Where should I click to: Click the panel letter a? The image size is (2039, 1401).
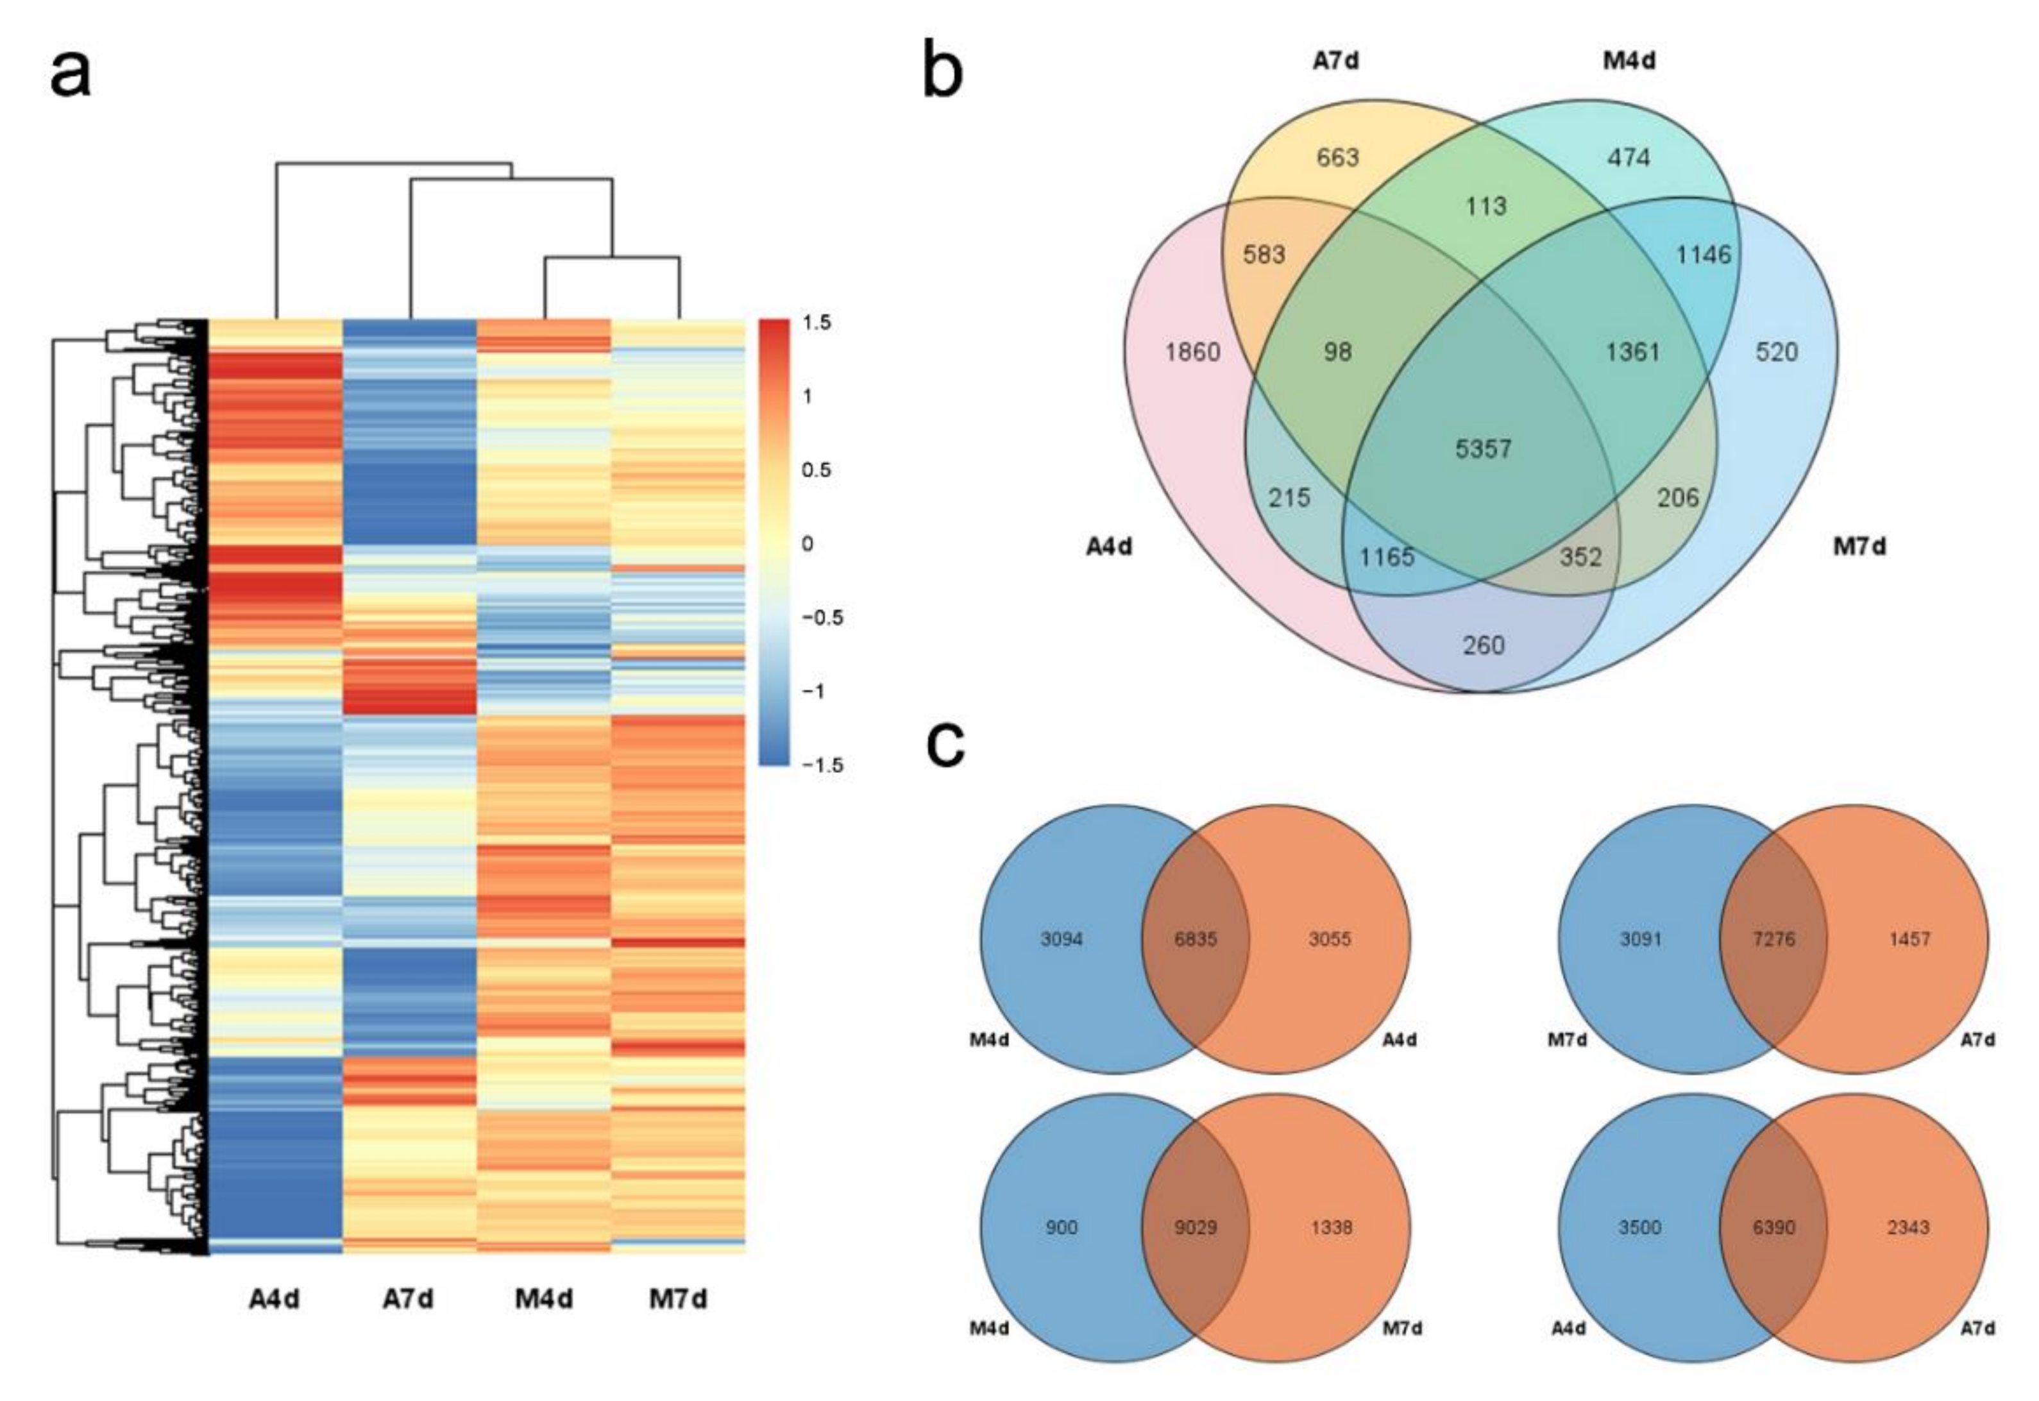70,74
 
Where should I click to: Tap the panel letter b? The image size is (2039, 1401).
943,70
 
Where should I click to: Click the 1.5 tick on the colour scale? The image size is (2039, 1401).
816,322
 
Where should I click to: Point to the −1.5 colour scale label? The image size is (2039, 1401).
822,765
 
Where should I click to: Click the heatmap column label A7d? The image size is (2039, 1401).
408,1299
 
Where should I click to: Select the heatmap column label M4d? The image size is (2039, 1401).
544,1299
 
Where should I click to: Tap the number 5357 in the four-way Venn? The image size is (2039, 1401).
1484,448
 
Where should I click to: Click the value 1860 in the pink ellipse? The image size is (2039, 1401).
1192,352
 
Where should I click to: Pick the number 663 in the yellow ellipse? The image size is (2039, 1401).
1338,157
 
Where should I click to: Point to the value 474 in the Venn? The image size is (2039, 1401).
1629,157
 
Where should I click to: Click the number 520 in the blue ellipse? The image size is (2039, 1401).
1777,352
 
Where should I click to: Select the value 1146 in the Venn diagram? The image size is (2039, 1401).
1704,255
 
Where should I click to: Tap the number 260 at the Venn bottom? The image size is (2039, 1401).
1484,645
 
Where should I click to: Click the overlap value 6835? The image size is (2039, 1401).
1196,939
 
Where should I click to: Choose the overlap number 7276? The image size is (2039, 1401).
1774,939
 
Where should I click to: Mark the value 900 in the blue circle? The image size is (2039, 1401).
1062,1227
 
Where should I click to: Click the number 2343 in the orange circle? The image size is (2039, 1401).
1908,1227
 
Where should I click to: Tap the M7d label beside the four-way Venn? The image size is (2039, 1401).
1859,547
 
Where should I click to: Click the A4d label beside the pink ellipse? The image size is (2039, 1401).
1110,547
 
